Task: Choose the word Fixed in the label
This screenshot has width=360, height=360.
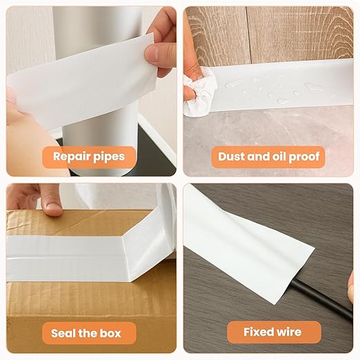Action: [257, 332]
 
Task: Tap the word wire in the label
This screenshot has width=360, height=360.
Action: [289, 332]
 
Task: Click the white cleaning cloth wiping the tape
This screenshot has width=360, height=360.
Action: [199, 92]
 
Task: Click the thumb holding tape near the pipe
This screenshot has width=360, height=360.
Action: [157, 55]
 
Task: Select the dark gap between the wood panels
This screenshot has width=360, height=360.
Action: [249, 34]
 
